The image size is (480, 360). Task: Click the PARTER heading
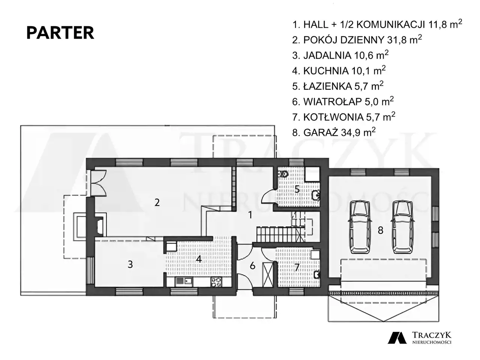pos(60,33)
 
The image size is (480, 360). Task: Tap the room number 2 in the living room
pos(157,202)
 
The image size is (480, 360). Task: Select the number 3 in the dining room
pos(130,264)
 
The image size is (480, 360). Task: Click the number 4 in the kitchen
pos(198,259)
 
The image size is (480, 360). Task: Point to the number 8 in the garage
pos(381,230)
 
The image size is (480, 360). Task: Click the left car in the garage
pos(360,227)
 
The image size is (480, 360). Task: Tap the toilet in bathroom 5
pos(283,174)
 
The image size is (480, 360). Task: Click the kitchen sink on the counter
pos(184,282)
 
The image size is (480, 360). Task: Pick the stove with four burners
pos(216,282)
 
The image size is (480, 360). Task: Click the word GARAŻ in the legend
pos(321,133)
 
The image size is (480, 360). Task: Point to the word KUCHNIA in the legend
pos(326,71)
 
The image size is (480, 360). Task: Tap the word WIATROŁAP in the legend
pos(333,102)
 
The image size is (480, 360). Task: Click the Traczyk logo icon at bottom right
pos(397,338)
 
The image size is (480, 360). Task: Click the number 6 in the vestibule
pos(253,266)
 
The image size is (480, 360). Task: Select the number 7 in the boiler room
pos(297,267)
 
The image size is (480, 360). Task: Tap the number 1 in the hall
pos(250,215)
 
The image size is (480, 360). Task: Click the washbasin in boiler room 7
pos(316,274)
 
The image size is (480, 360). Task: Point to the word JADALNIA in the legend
pos(327,55)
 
